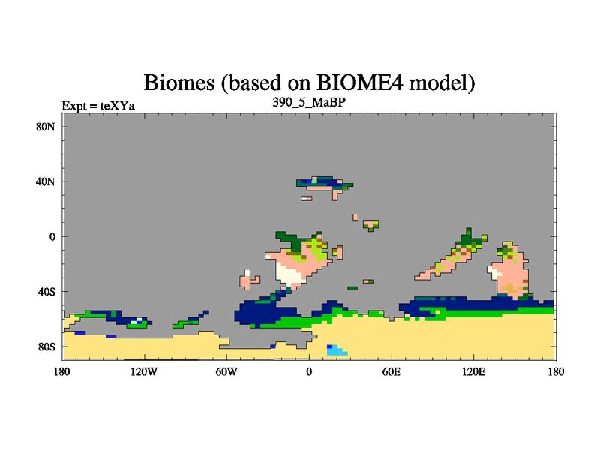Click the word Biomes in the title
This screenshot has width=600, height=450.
point(179,82)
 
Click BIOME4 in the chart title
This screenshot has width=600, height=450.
point(360,82)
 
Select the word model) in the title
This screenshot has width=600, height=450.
point(442,82)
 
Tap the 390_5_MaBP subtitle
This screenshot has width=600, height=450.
point(309,102)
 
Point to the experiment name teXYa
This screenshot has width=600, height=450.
point(118,106)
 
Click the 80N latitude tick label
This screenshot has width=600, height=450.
point(46,127)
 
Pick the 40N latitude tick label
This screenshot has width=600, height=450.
point(46,181)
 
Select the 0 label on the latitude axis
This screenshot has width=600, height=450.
point(52,236)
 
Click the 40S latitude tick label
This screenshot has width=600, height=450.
point(46,292)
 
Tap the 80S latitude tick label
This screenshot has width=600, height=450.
point(46,346)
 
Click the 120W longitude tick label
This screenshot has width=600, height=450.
point(144,371)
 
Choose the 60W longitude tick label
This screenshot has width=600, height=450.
point(226,371)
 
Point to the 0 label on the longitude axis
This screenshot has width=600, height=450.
point(309,371)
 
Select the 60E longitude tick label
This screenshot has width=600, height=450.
point(391,371)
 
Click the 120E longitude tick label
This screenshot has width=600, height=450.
point(474,371)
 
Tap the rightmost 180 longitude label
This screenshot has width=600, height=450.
point(556,371)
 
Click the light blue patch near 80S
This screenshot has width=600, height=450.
point(337,350)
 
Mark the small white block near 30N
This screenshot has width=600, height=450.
point(305,199)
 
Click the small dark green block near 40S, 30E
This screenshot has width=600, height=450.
point(352,288)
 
